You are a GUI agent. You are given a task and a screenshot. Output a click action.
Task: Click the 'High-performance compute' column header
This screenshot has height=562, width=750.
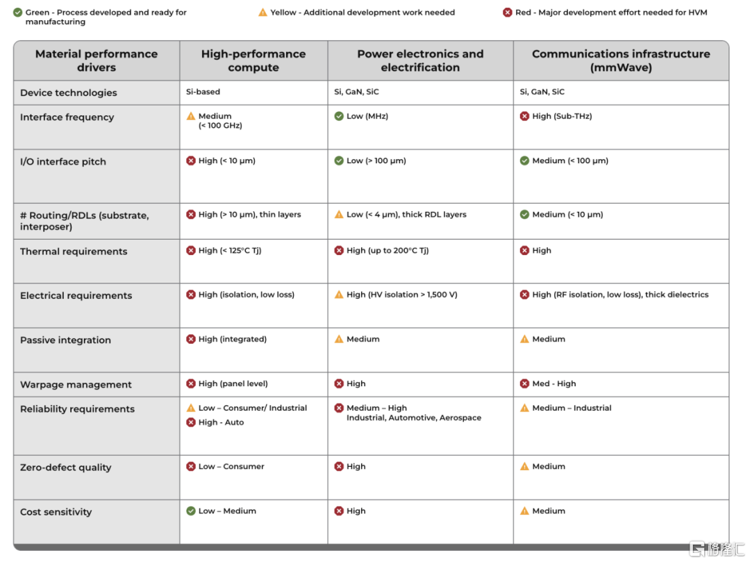(x=253, y=60)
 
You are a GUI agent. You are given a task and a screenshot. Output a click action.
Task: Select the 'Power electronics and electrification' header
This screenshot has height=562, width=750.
(x=420, y=60)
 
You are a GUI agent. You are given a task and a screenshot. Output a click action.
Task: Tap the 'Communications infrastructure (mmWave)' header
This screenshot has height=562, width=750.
(x=621, y=60)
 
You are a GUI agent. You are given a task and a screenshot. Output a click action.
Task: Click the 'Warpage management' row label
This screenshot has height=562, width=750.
(x=76, y=385)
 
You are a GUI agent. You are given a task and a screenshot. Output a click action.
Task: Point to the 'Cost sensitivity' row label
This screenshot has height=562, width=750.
(x=56, y=512)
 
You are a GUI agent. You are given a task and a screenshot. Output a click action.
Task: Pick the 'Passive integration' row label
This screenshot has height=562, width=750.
(x=65, y=340)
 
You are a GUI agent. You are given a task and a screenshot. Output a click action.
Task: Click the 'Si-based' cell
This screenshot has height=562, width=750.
(x=203, y=92)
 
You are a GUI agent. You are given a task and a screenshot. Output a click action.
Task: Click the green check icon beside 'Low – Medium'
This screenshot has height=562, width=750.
(x=191, y=511)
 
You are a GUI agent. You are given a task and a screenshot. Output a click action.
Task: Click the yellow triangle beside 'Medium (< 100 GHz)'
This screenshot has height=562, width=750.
(x=191, y=116)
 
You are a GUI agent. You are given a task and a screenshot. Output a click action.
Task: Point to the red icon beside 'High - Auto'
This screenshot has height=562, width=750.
(x=191, y=422)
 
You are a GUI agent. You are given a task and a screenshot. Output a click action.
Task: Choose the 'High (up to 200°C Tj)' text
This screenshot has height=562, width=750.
(x=387, y=250)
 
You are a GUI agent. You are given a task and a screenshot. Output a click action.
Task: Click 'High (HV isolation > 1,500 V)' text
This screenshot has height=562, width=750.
(x=401, y=295)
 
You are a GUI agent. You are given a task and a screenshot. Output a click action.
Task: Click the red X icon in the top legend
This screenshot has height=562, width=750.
(x=508, y=12)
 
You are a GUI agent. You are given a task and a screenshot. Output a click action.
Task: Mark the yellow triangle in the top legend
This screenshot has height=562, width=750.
(x=262, y=12)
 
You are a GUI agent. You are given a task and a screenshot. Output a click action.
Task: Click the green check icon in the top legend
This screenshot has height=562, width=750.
(x=17, y=12)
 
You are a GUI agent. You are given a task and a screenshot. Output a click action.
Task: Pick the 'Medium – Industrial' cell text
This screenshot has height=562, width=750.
(x=572, y=408)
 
